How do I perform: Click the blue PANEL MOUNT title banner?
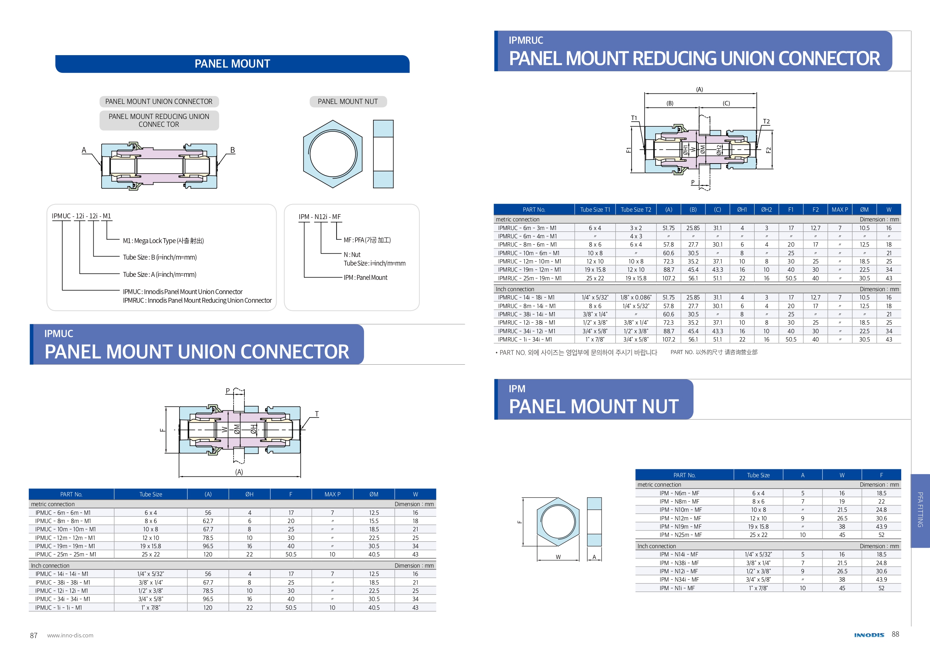click(232, 64)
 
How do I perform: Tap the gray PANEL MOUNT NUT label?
click(347, 101)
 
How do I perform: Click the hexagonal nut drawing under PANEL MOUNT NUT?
click(332, 154)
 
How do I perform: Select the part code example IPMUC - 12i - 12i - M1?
click(81, 216)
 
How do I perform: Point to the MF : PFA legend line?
click(367, 240)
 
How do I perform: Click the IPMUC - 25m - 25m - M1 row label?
click(66, 554)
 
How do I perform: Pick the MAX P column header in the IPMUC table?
click(332, 494)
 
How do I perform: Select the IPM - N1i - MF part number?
click(677, 588)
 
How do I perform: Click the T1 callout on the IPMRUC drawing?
click(634, 118)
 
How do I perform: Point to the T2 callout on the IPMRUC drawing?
click(766, 122)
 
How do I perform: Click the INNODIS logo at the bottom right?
click(869, 635)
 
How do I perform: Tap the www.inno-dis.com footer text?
click(70, 635)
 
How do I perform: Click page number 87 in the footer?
click(34, 635)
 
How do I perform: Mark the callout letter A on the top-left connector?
click(84, 150)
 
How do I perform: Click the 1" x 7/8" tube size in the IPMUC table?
click(151, 607)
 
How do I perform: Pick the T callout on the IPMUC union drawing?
click(317, 414)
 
